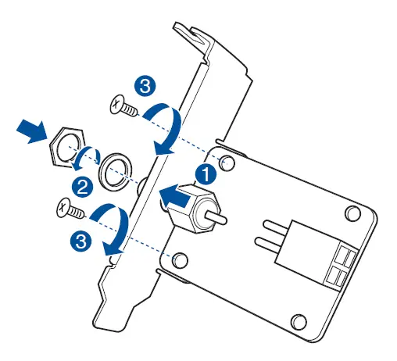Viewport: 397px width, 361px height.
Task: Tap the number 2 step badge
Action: pyautogui.click(x=80, y=186)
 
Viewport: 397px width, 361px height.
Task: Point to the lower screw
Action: pyautogui.click(x=70, y=209)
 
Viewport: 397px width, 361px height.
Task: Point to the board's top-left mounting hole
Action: pyautogui.click(x=227, y=162)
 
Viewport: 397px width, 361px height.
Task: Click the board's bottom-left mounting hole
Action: pyautogui.click(x=180, y=259)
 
